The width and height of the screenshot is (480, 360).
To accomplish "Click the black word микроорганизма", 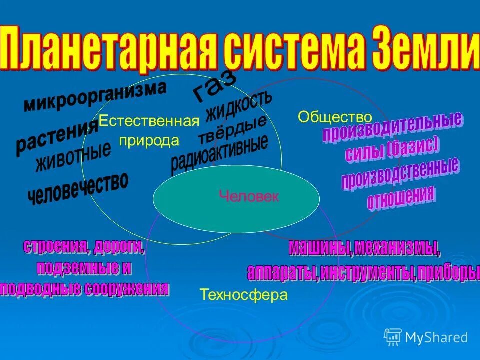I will pos(95,96).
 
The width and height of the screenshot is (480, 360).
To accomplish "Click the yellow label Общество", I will pos(335,117).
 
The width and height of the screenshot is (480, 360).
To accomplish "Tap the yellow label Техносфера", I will pos(244,295).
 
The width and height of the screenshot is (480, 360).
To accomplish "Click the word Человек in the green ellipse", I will pos(248,196).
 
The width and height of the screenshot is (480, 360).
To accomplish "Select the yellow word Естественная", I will pos(149,122).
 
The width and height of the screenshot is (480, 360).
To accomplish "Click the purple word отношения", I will pos(401,199).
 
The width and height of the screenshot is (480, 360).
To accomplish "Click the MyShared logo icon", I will pos(393,337).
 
